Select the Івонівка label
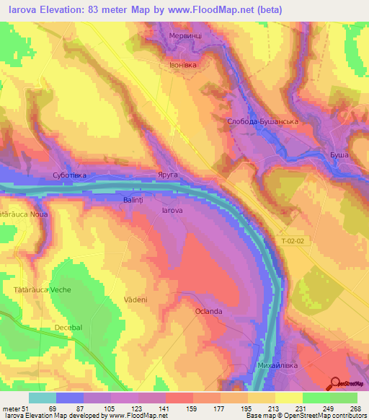coord(182,64)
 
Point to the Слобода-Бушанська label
coord(262,122)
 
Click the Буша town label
coord(339,155)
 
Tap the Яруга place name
coord(166,175)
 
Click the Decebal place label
coord(70,328)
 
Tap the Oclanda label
coord(208,311)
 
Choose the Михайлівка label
coord(277,366)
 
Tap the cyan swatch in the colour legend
coord(43,398)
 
